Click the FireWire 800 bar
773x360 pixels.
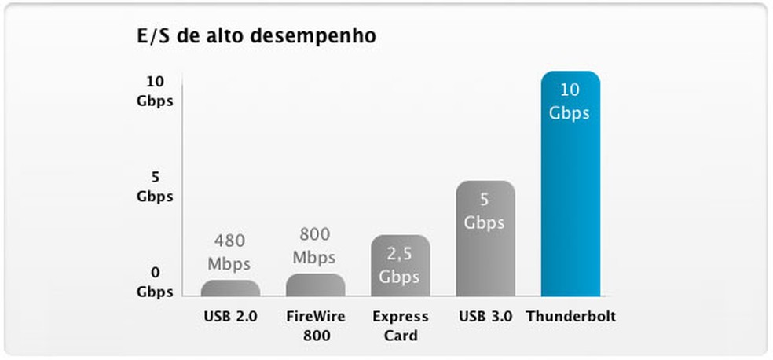[315, 285]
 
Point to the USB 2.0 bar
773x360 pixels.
[230, 288]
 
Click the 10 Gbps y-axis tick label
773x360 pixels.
[154, 91]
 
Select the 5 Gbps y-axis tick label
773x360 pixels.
[154, 187]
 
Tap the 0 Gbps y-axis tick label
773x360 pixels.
[154, 282]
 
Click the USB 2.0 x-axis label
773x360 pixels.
[229, 318]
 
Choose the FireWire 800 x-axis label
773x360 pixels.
[315, 326]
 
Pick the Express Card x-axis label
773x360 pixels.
[401, 326]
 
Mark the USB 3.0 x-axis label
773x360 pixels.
[485, 318]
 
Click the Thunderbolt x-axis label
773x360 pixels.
[570, 318]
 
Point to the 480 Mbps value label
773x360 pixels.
[230, 249]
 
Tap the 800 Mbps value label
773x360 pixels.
[314, 245]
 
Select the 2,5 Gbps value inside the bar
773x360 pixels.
[400, 265]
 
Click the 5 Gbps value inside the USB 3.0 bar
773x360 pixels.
[485, 211]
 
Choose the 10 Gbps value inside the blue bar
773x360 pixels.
[570, 101]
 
